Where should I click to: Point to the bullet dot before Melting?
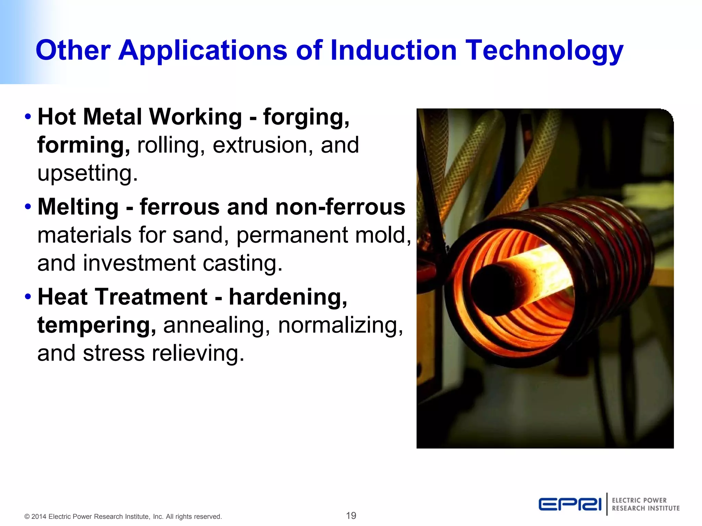[x=28, y=207]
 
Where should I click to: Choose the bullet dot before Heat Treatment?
[x=28, y=297]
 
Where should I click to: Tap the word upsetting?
[x=87, y=173]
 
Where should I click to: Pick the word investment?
[x=140, y=263]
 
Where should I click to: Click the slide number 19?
[x=351, y=515]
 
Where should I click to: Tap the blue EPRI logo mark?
[x=570, y=504]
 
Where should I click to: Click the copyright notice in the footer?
[x=123, y=516]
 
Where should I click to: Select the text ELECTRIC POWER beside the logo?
[x=639, y=500]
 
